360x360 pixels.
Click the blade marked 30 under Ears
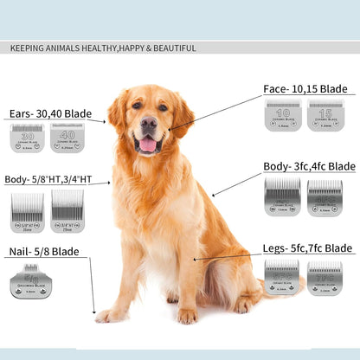coord(28,138)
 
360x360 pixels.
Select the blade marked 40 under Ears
coord(67,138)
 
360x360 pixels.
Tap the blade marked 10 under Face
coord(283,115)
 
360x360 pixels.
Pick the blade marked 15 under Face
coord(325,115)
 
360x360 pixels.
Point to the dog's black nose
coord(148,124)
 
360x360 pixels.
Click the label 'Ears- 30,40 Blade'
coord(50,113)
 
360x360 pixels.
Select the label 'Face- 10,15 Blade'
coord(305,89)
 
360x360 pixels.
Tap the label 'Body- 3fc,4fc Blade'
coord(309,166)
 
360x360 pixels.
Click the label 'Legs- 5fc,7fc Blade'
coord(307,248)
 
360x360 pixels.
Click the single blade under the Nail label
coord(30,282)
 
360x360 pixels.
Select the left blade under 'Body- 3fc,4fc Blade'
coord(282,196)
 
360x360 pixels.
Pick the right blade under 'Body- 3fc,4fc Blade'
coord(325,196)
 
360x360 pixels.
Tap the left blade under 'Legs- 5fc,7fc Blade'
coord(282,277)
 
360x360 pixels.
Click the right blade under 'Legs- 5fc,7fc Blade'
coord(325,277)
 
